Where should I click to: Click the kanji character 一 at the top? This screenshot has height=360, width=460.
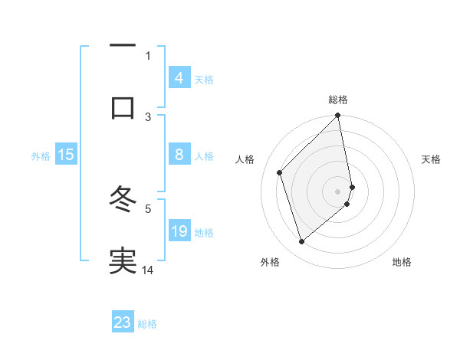click(123, 47)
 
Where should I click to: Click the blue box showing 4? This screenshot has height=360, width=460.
click(179, 78)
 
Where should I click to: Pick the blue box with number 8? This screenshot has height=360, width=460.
click(179, 155)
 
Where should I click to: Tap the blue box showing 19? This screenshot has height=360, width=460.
click(179, 231)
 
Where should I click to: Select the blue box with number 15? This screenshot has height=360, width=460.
click(66, 155)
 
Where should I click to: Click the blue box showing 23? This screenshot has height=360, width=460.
click(123, 322)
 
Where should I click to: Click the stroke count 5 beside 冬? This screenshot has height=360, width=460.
click(148, 208)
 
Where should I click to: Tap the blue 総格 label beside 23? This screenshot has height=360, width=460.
click(147, 324)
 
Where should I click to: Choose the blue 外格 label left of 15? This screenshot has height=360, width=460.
click(41, 156)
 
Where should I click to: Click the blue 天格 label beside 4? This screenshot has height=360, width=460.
click(204, 80)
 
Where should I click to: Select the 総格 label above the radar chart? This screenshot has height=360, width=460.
click(338, 100)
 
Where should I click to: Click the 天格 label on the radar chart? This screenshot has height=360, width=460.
click(432, 159)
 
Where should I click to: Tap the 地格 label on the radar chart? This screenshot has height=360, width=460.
click(402, 262)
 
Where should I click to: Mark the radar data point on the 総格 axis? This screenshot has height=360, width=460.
click(338, 116)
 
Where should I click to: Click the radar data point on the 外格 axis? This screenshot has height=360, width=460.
click(301, 242)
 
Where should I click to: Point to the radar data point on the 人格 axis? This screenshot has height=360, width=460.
click(280, 172)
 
